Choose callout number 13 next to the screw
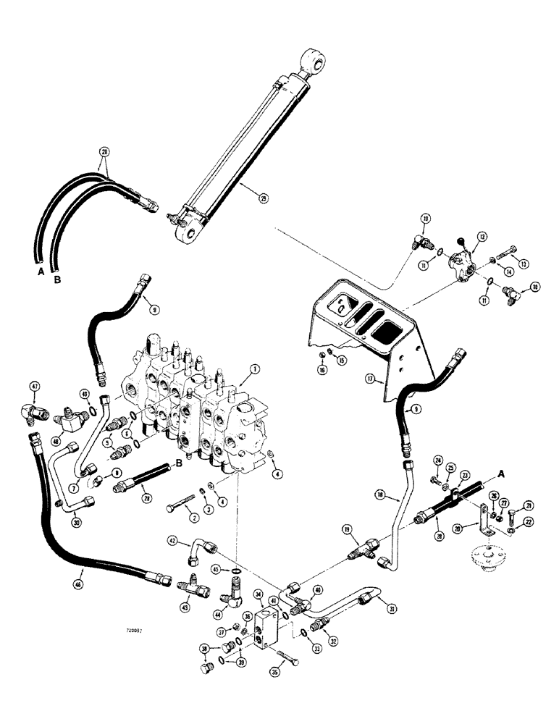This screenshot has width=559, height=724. coord(516,263)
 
